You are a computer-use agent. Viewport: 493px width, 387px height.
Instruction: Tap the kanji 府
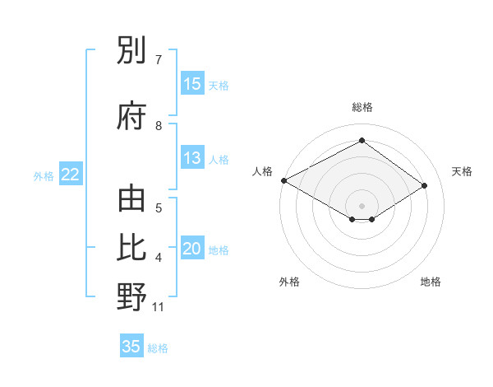pyautogui.click(x=131, y=116)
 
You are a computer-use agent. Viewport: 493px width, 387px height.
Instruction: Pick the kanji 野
pyautogui.click(x=131, y=296)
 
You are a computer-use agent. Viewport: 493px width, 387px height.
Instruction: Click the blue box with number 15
pyautogui.click(x=192, y=84)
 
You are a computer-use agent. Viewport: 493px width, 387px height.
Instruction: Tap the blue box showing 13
pyautogui.click(x=192, y=159)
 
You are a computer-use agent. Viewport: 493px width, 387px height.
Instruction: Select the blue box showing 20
pyautogui.click(x=192, y=249)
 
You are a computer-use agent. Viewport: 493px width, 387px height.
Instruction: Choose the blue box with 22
pyautogui.click(x=71, y=175)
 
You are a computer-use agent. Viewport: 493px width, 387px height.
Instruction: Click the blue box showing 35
pyautogui.click(x=131, y=347)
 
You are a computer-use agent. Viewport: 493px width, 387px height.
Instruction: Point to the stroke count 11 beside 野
pyautogui.click(x=159, y=307)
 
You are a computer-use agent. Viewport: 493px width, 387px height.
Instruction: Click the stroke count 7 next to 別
pyautogui.click(x=159, y=59)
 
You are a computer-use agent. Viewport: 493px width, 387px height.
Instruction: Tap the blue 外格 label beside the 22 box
pyautogui.click(x=44, y=175)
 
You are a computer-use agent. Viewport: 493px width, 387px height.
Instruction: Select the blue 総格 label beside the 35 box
pyautogui.click(x=158, y=348)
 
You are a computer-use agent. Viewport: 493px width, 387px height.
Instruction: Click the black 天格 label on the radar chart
pyautogui.click(x=463, y=171)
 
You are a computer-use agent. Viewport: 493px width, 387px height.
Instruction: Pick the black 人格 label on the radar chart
pyautogui.click(x=262, y=171)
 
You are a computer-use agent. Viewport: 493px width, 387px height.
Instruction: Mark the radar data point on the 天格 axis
pyautogui.click(x=425, y=186)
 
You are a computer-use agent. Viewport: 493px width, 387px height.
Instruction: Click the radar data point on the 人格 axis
pyautogui.click(x=283, y=180)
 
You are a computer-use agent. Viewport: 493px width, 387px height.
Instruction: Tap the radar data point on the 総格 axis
pyautogui.click(x=362, y=141)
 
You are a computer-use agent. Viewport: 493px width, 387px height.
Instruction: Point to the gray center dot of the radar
pyautogui.click(x=362, y=205)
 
